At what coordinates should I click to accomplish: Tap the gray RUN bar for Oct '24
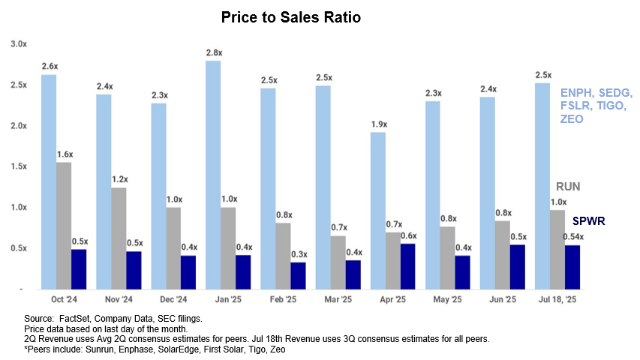click(x=64, y=225)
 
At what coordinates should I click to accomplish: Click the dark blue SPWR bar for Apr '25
click(x=407, y=266)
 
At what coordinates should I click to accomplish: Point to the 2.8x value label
click(x=213, y=52)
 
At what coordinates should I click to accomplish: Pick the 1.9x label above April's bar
click(x=378, y=123)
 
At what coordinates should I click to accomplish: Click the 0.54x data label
click(x=573, y=236)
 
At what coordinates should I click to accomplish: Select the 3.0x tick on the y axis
click(x=19, y=44)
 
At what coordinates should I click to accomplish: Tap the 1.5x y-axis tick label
click(x=19, y=166)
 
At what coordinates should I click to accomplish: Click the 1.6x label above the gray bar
click(x=65, y=154)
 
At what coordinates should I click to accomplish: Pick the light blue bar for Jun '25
click(x=487, y=193)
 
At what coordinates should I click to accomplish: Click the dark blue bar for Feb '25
click(x=299, y=275)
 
